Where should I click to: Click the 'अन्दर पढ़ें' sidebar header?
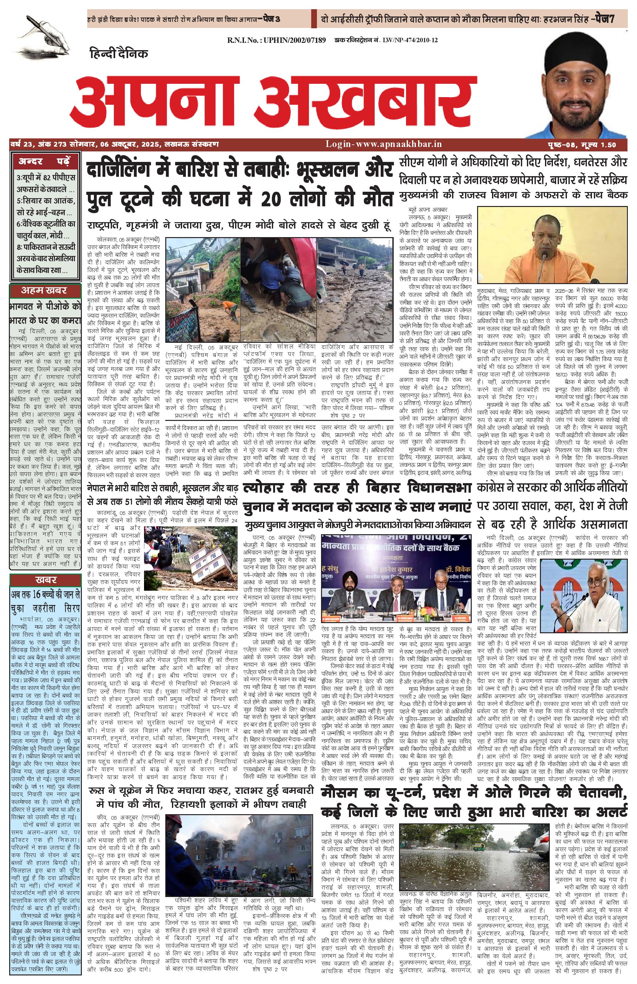(x=44, y=161)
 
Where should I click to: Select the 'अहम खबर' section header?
(x=44, y=290)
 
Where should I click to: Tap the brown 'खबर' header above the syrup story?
(x=45, y=579)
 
